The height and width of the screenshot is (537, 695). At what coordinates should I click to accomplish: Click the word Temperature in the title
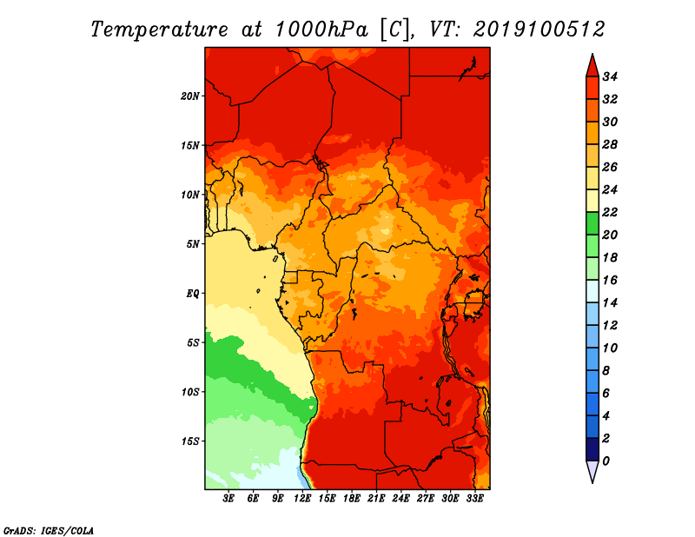tap(159, 30)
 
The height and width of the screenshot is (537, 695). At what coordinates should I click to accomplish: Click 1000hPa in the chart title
tap(321, 30)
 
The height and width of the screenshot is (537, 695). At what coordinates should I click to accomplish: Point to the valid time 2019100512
tap(539, 30)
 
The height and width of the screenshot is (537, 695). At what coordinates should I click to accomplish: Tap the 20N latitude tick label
tap(189, 96)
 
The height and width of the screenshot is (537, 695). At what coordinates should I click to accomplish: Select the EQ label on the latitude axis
tap(192, 294)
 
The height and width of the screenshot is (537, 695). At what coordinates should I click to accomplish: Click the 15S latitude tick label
tap(189, 441)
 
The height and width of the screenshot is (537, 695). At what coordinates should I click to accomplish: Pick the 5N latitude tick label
tap(192, 244)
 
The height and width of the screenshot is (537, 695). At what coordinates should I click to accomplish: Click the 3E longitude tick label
tap(228, 499)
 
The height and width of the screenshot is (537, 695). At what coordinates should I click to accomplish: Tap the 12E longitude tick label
tap(302, 499)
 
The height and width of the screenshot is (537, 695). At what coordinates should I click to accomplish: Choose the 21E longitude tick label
tap(376, 499)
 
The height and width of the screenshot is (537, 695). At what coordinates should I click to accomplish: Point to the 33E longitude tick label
tap(474, 499)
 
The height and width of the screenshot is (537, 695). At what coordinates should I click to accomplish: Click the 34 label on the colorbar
tap(610, 76)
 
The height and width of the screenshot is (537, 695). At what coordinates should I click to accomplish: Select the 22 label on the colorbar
tap(610, 212)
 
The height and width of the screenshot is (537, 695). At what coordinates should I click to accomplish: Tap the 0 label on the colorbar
tap(606, 461)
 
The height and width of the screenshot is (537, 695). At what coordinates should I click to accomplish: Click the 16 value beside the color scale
tap(610, 281)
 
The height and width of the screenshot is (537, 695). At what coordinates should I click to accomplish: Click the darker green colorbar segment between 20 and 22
tap(592, 223)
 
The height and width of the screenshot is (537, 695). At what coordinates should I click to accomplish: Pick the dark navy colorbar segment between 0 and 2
tap(592, 449)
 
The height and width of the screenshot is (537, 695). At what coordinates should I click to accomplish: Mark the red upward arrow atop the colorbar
tap(592, 67)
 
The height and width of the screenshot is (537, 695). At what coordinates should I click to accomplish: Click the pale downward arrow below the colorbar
tap(592, 471)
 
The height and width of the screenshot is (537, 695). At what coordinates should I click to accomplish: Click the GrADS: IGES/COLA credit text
tap(49, 531)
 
